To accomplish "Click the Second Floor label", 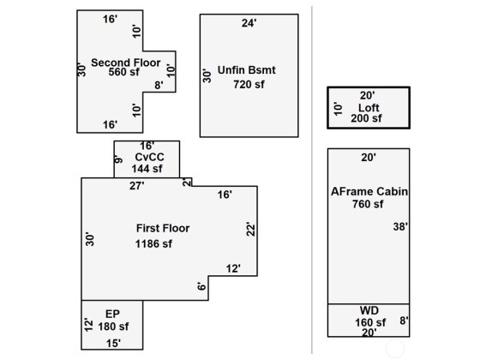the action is coord(125,63).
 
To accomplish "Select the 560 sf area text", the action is coord(123,72).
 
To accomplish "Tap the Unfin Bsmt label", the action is coord(247,70).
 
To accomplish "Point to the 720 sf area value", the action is coord(249,85).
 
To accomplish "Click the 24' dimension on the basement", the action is coord(249,23).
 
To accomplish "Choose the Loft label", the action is coord(369,108).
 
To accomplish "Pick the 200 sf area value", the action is coord(366,118).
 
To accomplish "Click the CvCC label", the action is coord(149,157).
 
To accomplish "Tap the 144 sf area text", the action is coord(147,169).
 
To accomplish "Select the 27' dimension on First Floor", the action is coord(136,186).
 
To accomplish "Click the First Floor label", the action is coord(163,228).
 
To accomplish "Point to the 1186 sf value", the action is coord(153,244).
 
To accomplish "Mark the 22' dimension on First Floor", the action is coord(250,229).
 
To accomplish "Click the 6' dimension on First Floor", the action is coord(201,286).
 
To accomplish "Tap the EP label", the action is coord(112,314).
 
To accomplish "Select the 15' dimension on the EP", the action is coord(113,344).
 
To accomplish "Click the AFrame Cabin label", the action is coord(369,192).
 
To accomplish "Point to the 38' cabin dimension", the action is coord(400,227).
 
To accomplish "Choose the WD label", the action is coord(369,310).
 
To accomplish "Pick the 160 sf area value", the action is coord(370,322).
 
